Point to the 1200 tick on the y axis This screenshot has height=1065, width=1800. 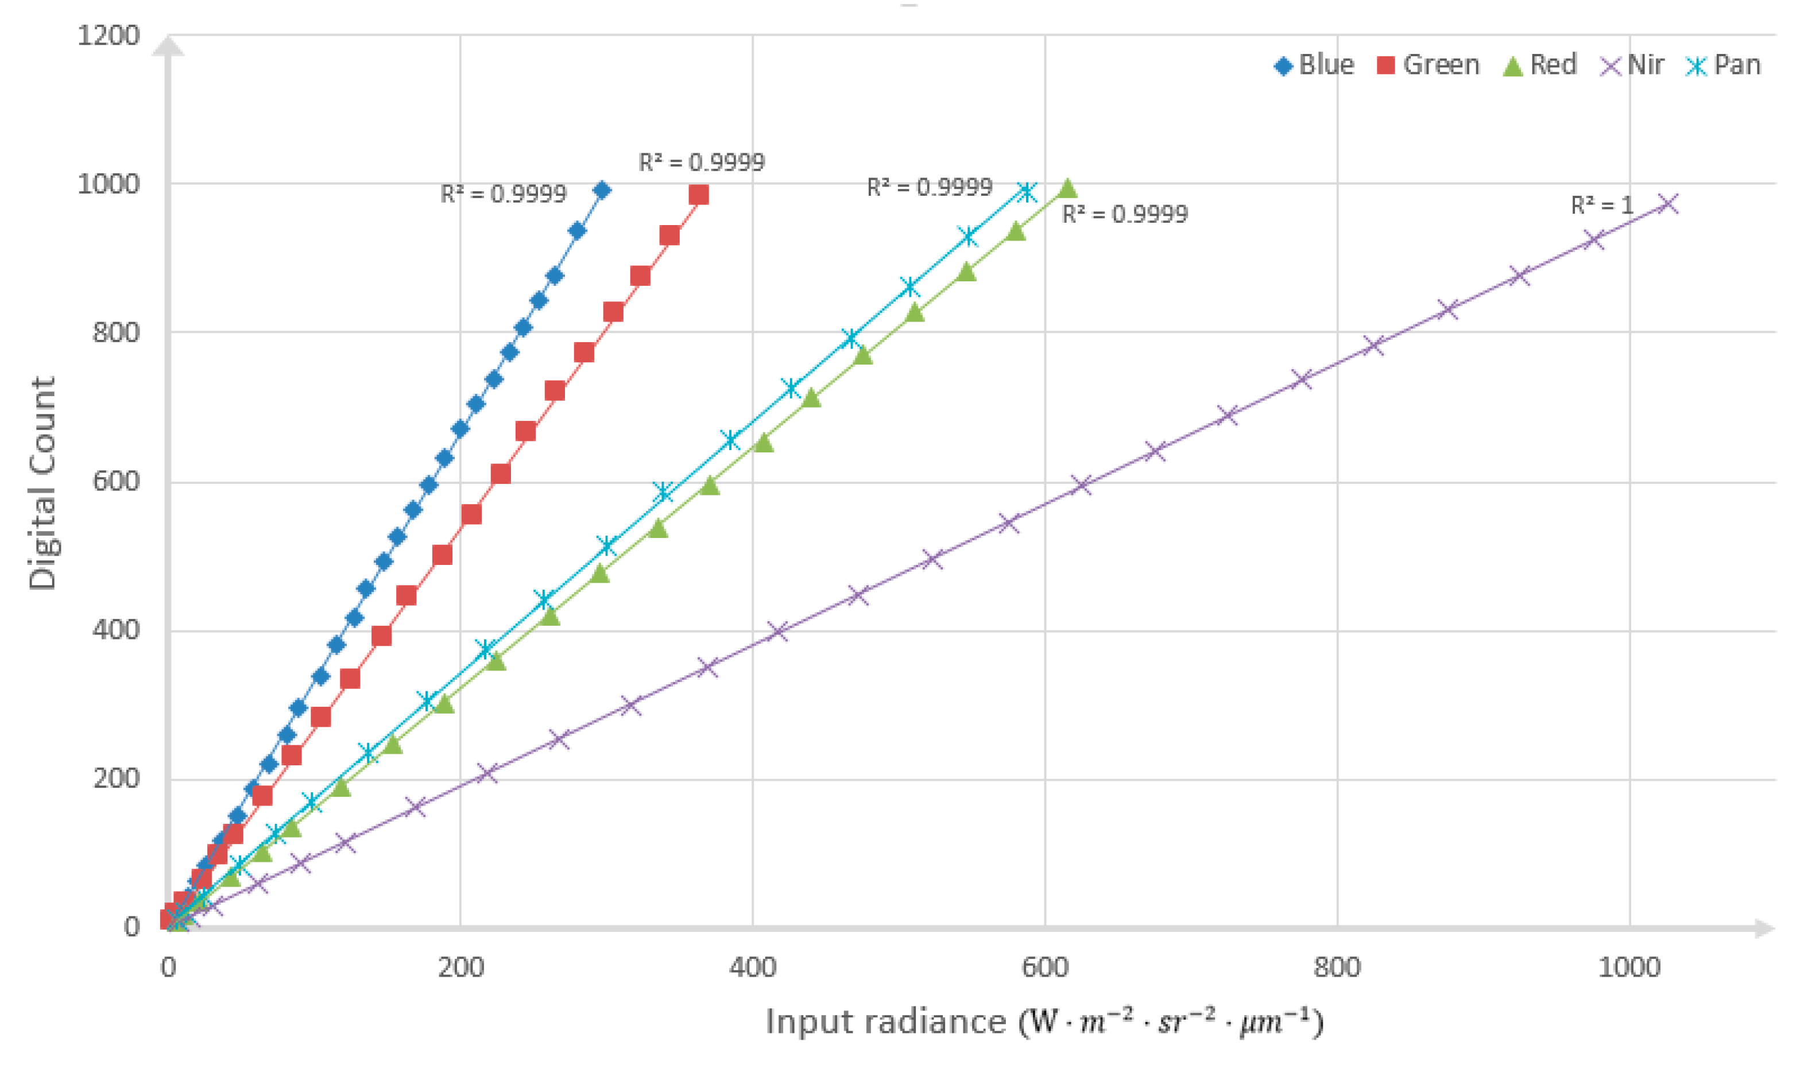(109, 34)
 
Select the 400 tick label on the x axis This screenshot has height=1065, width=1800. (752, 968)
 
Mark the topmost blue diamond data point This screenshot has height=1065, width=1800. (602, 190)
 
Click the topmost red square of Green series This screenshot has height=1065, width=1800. (698, 195)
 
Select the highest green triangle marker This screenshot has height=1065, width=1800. (1067, 189)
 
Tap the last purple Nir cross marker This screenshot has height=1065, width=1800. (1669, 204)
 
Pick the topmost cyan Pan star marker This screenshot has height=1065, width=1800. (1028, 192)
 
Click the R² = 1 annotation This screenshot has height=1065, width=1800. (1601, 206)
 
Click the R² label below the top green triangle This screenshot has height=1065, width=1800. (1125, 214)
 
